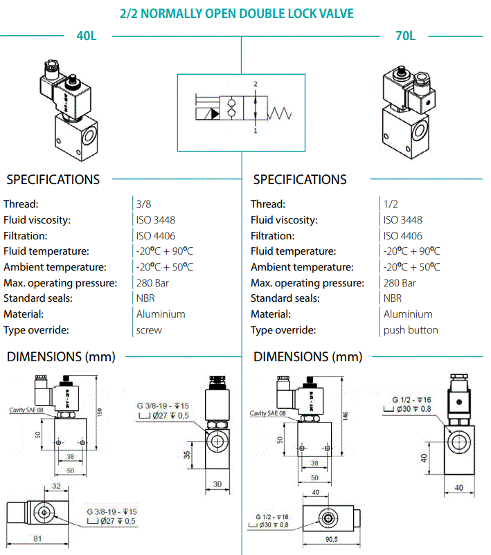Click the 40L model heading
pos(87,36)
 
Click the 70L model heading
pos(405,36)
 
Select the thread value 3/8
pos(143,204)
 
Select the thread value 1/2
pos(391,204)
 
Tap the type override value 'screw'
pos(149,330)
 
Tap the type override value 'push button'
pos(411,330)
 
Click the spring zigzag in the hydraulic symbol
pos(280,113)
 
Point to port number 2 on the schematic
pos(256,84)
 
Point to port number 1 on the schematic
pos(256,131)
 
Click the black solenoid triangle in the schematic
pos(215,114)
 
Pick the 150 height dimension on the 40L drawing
pos(100,412)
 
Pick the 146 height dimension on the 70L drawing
pos(346,416)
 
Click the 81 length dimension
pos(37,538)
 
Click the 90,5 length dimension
pos(332,539)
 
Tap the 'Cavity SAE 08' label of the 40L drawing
pos(26,410)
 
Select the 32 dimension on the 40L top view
pos(56,486)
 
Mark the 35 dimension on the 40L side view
pos(187,455)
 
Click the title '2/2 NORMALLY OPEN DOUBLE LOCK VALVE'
pos(237,13)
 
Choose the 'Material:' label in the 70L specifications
pos(271,314)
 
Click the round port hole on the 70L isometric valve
pos(420,130)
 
